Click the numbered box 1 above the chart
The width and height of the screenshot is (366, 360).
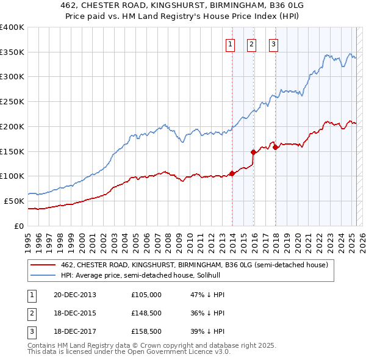pos(231,44)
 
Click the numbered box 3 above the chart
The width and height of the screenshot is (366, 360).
pos(273,44)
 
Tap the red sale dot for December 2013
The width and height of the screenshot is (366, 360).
pos(232,173)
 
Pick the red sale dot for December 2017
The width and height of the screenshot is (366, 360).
pos(275,146)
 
